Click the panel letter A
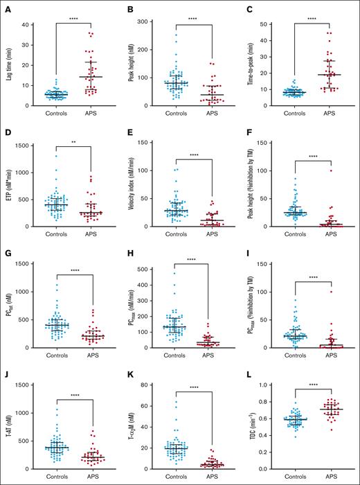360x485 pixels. point(7,10)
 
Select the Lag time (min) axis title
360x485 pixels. point(8,65)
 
